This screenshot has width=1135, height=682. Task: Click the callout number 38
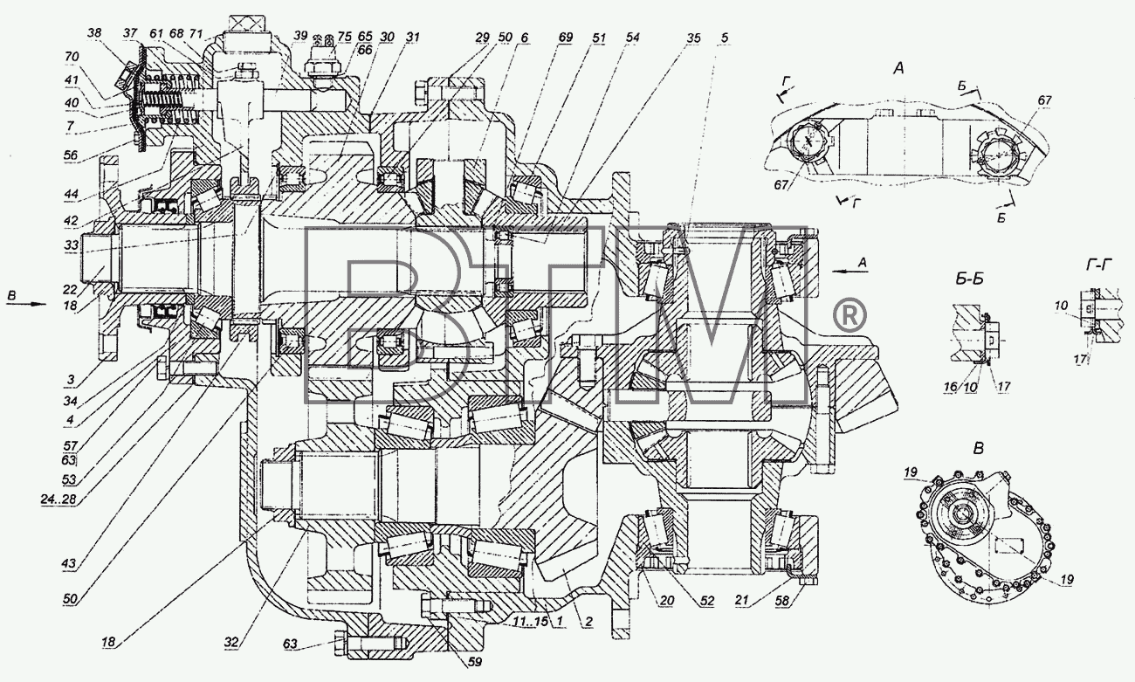pos(94,33)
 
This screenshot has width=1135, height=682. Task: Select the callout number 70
pos(72,56)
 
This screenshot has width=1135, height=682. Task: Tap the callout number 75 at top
pos(345,37)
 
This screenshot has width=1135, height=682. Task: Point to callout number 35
pos(694,38)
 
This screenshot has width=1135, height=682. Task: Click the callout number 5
pos(725,38)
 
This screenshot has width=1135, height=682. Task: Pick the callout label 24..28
pos(58,499)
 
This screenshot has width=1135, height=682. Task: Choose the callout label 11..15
pos(531,622)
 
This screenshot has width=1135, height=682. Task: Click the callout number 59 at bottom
pos(475,662)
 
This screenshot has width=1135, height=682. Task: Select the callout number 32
pos(231,643)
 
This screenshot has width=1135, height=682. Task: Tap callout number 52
pos(706,601)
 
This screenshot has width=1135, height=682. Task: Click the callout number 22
pos(71,290)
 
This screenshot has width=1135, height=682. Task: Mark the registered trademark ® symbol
pos(849,316)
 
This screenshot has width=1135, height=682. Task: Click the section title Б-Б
pos(966,279)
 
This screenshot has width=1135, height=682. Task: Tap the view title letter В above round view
pos(979,449)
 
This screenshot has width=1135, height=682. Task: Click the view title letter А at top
pos(898,67)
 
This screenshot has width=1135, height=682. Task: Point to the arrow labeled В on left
pos(26,304)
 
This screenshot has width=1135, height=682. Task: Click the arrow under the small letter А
pos(850,271)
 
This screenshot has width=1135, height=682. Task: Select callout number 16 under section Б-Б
pos(951,387)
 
